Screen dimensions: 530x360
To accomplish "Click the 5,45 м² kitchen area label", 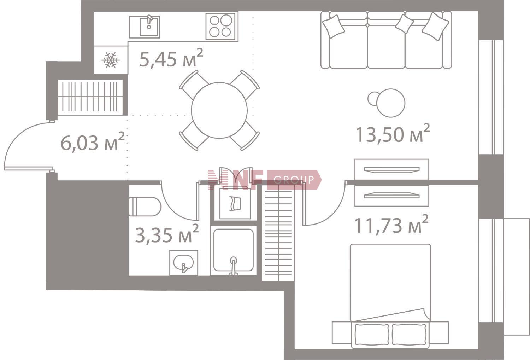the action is tap(171, 58).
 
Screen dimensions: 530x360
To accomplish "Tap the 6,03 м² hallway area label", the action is tap(93, 142).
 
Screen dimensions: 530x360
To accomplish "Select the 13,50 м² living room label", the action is tap(393, 133).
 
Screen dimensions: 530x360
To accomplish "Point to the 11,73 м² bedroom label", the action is tap(391, 224).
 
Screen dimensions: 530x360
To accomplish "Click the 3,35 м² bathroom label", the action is tap(167, 233).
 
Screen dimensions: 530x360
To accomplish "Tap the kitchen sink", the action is tap(145, 27).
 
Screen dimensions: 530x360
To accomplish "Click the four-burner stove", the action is tap(220, 26).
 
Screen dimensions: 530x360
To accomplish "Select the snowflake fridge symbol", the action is tap(111, 60).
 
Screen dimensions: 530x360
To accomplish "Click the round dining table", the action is tap(219, 110).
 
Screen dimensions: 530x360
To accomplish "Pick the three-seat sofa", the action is tap(386, 40).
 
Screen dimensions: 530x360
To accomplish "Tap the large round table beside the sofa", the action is tap(391, 103).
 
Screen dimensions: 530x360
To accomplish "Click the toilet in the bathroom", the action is tap(145, 207).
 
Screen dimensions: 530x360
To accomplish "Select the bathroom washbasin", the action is tap(184, 263).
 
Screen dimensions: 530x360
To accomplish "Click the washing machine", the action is tap(235, 204).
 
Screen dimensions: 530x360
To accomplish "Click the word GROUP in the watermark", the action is tap(294, 180).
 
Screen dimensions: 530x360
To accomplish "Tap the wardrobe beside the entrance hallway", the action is tap(90, 97).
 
